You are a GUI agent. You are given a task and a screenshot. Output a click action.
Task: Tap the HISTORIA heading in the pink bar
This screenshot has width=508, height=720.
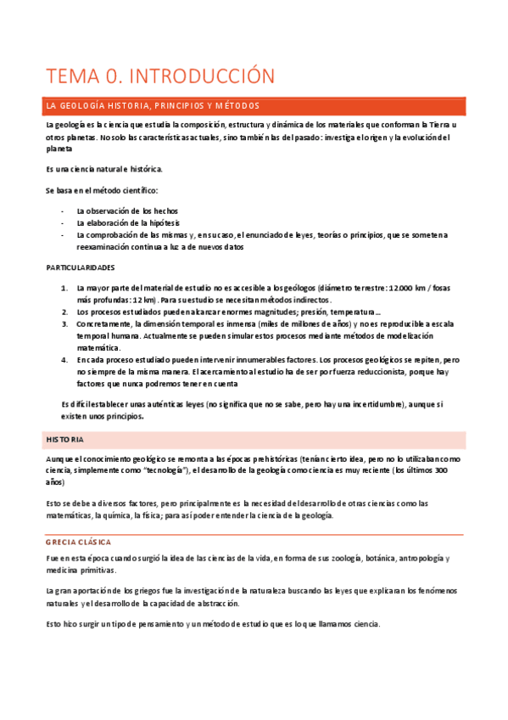(65, 440)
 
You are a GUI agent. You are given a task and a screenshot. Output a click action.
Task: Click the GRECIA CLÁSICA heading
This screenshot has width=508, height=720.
(85, 542)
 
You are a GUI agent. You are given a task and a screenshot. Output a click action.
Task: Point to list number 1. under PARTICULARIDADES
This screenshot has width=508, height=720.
(65, 288)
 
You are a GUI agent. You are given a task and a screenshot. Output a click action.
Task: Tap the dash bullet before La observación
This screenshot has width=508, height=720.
(63, 211)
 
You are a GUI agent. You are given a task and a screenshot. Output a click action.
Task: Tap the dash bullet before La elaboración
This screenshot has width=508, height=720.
(63, 222)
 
